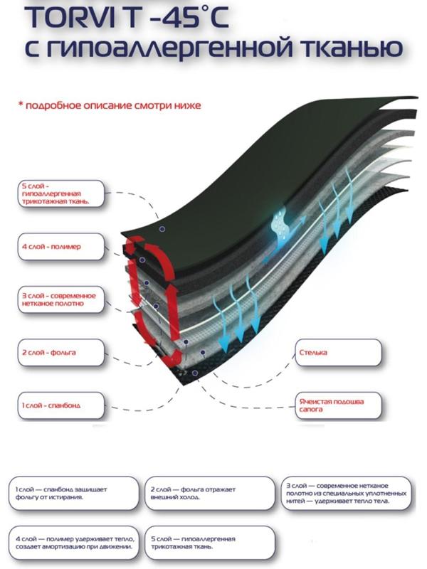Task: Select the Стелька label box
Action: (338, 351)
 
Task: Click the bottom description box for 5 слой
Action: (207, 542)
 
